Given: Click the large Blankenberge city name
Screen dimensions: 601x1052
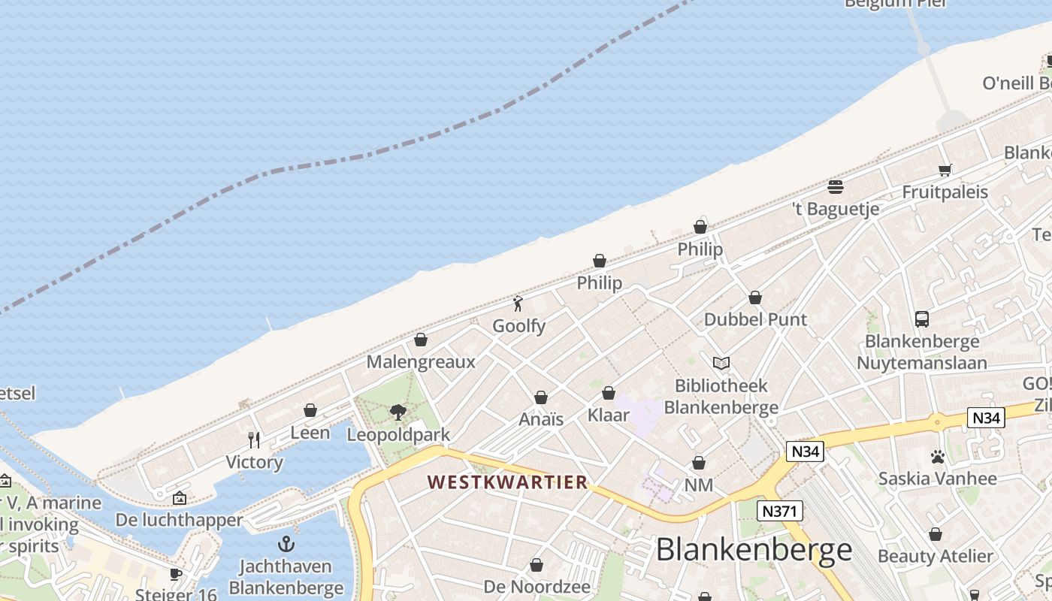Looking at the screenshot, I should [x=754, y=550].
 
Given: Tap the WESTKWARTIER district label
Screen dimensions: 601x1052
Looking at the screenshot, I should [x=508, y=482].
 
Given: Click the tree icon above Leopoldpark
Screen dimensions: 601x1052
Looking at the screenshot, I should [x=398, y=412].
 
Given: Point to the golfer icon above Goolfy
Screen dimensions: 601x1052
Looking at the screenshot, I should [x=518, y=304].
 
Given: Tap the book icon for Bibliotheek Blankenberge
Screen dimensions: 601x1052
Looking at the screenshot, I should [x=721, y=364].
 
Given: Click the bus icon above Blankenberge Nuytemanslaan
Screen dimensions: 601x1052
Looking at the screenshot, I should [x=922, y=319].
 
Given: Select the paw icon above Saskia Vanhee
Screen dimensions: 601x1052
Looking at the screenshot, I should [x=937, y=456].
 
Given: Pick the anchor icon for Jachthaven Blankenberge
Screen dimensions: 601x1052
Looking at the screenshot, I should [x=286, y=544].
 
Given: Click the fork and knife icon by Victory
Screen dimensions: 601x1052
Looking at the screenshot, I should [x=254, y=439].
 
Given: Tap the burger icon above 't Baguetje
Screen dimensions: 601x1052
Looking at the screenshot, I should [x=836, y=186].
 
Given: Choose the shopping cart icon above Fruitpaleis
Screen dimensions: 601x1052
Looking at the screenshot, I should [x=945, y=170].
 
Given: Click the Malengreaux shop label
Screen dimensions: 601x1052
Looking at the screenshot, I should [x=421, y=362].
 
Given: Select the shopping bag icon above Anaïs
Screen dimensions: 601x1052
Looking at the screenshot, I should [x=540, y=397].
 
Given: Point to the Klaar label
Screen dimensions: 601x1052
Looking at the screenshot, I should [x=608, y=415].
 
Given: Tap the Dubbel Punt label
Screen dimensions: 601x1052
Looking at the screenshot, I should [x=755, y=319].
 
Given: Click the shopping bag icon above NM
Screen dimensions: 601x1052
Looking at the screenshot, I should [x=699, y=463].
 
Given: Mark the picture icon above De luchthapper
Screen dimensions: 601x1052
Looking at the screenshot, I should [x=179, y=498].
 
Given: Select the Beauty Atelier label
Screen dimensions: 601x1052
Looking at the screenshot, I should [x=936, y=557].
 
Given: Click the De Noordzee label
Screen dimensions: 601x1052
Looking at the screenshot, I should [x=537, y=586].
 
